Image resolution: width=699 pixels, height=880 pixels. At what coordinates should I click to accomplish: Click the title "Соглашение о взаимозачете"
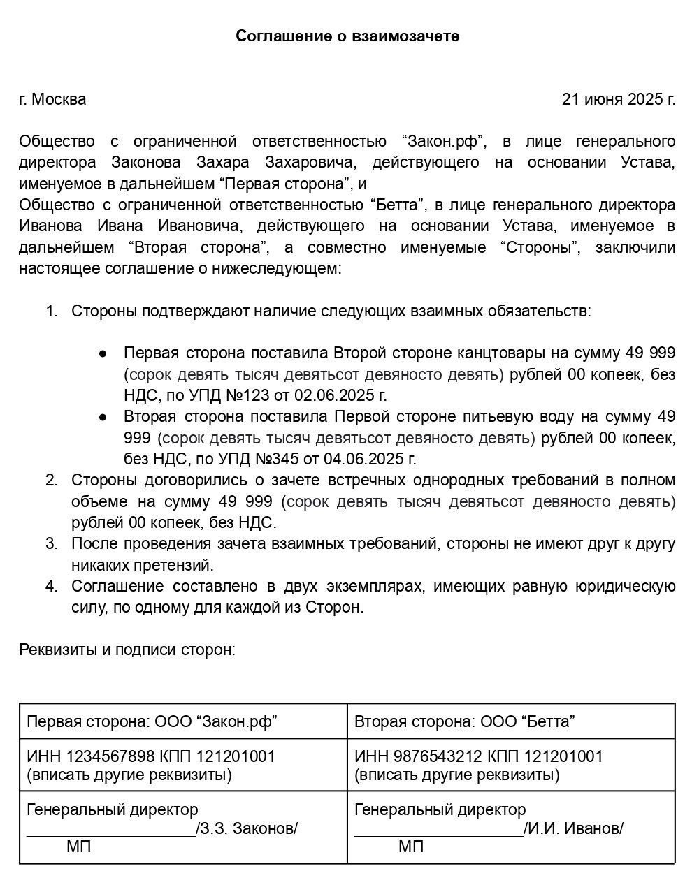coord(347,36)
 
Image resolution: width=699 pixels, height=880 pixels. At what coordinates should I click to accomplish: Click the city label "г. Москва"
coord(52,99)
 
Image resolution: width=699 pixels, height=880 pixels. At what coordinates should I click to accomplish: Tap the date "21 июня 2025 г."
coord(619,99)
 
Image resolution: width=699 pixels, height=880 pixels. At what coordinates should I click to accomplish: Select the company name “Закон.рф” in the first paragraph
coord(444,142)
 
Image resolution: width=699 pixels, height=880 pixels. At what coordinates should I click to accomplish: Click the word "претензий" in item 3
coord(178,564)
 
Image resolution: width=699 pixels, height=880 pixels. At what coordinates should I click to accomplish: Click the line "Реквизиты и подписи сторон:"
coord(127,650)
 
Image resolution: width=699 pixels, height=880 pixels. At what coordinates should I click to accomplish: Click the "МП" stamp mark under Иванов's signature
coord(410,847)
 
